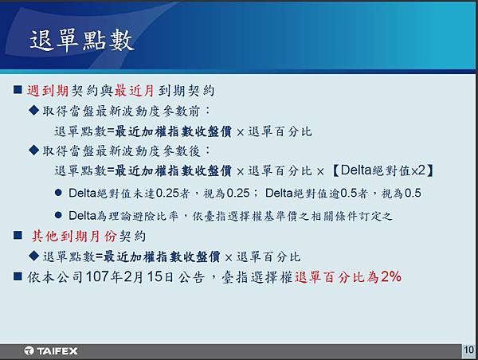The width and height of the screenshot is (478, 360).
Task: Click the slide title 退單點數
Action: point(82,40)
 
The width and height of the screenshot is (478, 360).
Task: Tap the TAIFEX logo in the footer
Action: point(51,351)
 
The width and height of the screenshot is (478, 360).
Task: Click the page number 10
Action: point(469,350)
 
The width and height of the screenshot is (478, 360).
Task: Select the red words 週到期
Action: point(48,91)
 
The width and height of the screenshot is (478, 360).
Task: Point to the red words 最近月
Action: point(135,91)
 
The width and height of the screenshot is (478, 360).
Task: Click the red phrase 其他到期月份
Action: point(74,237)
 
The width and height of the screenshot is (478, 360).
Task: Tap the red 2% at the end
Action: point(391,276)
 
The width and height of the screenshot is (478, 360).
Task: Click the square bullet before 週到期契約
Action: point(18,90)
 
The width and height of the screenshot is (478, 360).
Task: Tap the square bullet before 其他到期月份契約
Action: point(18,235)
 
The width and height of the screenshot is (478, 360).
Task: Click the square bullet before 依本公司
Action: point(18,276)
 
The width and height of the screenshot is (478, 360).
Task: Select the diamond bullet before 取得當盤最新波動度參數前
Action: point(33,110)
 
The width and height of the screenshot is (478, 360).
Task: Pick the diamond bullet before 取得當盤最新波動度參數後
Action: point(33,150)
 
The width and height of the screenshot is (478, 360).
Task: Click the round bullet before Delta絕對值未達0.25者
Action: point(58,193)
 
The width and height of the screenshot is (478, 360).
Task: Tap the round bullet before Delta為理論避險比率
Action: point(58,215)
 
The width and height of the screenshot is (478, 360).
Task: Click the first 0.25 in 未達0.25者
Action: point(167,193)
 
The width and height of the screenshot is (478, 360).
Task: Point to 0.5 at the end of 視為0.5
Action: point(413,193)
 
